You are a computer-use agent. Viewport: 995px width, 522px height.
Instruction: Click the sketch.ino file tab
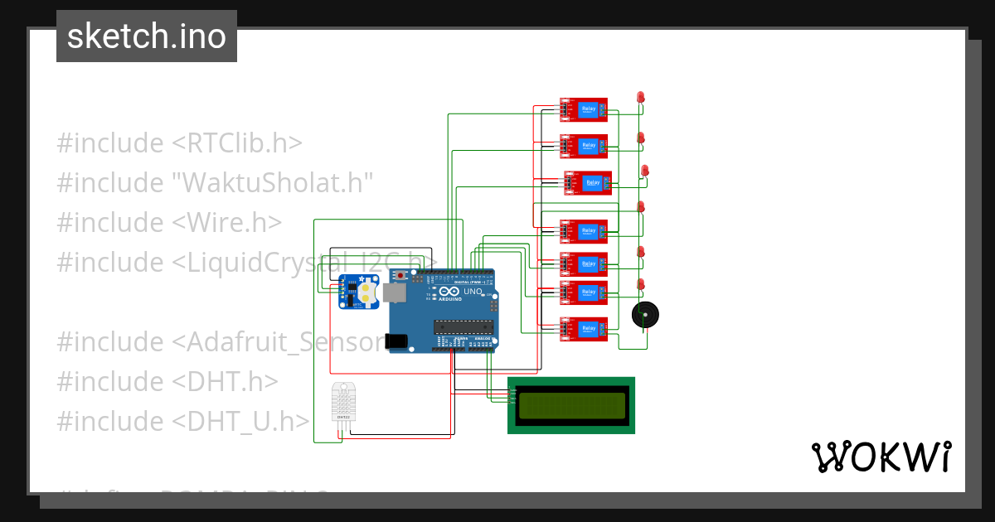pyautogui.click(x=147, y=36)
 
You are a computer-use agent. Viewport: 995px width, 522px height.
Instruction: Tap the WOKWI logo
pyautogui.click(x=881, y=457)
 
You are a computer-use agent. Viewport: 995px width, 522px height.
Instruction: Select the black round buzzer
pyautogui.click(x=644, y=316)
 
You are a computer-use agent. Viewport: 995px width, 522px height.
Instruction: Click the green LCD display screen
pyautogui.click(x=571, y=405)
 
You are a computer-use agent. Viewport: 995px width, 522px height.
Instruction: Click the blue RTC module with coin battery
pyautogui.click(x=358, y=293)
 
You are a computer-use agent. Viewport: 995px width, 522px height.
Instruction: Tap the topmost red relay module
pyautogui.click(x=584, y=109)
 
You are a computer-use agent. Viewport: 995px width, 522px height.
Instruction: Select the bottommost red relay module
pyautogui.click(x=584, y=330)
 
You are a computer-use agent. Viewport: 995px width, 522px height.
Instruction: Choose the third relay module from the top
pyautogui.click(x=588, y=183)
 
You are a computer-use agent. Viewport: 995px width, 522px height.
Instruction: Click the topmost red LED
pyautogui.click(x=640, y=98)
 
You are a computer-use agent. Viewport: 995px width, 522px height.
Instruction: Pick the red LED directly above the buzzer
pyautogui.click(x=640, y=284)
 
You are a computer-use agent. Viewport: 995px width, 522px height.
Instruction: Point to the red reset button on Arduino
pyautogui.click(x=403, y=274)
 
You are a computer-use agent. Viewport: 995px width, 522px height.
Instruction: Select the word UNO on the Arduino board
pyautogui.click(x=473, y=292)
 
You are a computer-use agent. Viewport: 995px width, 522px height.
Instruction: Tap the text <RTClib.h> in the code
pyautogui.click(x=237, y=143)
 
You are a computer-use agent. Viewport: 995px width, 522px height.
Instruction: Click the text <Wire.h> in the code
pyautogui.click(x=227, y=222)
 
